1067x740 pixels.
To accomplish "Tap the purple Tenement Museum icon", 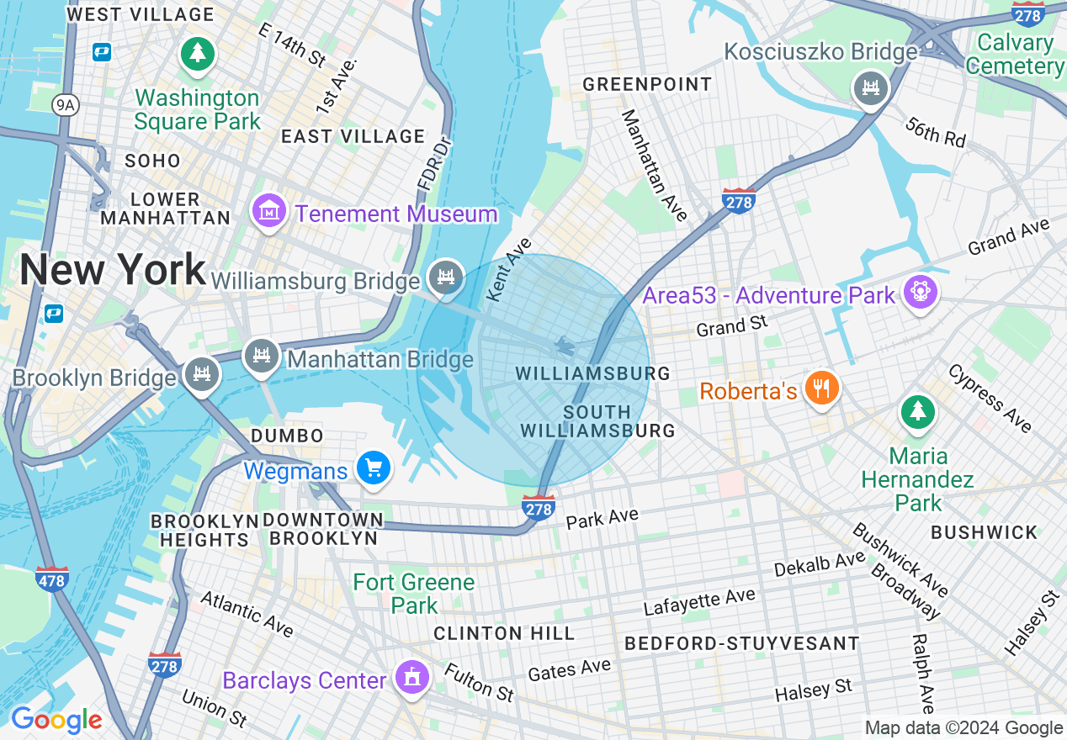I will (x=269, y=211).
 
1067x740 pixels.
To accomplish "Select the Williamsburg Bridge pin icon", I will (x=445, y=277).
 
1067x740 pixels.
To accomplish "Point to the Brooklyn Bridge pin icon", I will (x=201, y=375).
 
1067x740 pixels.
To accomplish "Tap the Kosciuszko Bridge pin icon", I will (x=871, y=87).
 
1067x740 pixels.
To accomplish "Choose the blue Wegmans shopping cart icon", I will (x=373, y=468).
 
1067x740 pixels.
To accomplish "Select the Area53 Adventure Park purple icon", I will (x=920, y=292).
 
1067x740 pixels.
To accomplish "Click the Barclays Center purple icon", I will (x=411, y=677).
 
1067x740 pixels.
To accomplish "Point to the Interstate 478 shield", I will (x=52, y=579).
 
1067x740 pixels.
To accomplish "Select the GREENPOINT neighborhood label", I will (x=647, y=84).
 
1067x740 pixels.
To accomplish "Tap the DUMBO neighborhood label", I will (x=287, y=436).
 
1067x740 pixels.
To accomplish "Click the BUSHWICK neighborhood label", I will (x=984, y=532).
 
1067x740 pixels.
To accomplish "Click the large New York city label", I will (x=113, y=270).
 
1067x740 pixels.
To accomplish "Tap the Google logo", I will (x=56, y=720).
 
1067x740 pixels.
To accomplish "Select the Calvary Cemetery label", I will (x=1016, y=54).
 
